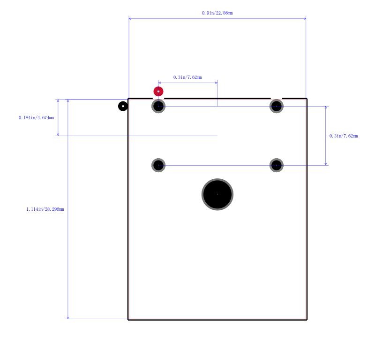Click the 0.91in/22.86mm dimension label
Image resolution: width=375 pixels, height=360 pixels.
tap(217, 13)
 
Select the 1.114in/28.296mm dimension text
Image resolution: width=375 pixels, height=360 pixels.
tap(45, 209)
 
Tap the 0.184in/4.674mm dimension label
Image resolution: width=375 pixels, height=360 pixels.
tap(36, 118)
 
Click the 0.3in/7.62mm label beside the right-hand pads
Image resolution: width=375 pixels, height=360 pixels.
tap(344, 136)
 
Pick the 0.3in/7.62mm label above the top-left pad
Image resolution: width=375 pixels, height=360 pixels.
tap(187, 77)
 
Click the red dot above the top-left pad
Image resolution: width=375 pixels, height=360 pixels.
tap(158, 91)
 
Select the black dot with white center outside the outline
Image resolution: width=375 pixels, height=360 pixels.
tap(123, 106)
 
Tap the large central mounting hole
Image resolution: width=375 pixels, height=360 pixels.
tap(217, 194)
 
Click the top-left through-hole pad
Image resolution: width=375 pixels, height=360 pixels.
tap(158, 106)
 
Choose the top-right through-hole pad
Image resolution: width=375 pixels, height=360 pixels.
tap(277, 106)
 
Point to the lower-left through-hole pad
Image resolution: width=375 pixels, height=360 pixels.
tap(158, 165)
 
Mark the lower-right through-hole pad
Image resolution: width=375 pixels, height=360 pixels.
tap(277, 165)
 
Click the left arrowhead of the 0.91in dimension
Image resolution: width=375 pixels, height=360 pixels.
tap(130, 19)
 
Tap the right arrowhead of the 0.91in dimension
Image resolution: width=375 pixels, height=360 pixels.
tap(305, 19)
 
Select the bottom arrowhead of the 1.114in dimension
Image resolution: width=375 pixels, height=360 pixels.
tap(68, 318)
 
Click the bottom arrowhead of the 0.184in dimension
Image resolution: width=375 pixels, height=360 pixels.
tap(58, 134)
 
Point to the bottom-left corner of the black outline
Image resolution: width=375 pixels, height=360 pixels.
tap(128, 320)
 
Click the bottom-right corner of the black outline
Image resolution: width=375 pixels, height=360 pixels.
tap(307, 320)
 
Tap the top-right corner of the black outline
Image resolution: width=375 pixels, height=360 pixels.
tap(307, 99)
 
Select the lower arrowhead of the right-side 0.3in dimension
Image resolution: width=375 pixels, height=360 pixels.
tap(326, 164)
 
